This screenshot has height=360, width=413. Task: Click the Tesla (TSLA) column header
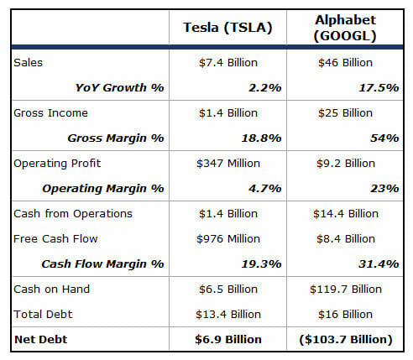coord(227,28)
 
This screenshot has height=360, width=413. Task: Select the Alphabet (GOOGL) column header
coord(345,28)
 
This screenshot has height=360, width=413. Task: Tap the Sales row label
coord(28,63)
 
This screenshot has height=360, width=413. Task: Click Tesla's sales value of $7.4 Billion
coord(228,63)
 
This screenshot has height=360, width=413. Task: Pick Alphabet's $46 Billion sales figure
coord(345,63)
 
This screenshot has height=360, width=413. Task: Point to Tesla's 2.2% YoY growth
coord(265,88)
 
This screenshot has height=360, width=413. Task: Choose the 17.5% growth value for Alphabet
coord(379,88)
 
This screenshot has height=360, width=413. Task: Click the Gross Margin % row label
coord(116,138)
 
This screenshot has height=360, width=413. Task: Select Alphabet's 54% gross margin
coord(384,138)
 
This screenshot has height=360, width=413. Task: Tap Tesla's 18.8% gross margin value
coord(261,138)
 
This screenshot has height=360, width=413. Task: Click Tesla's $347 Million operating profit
coord(228,164)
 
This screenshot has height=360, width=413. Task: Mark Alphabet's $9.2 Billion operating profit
coord(346,164)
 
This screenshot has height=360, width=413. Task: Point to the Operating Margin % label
coord(103,189)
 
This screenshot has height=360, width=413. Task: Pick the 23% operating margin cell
coord(384,189)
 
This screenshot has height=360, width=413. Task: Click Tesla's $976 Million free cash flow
coord(228,239)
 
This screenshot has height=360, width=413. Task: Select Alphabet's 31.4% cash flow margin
coord(379,264)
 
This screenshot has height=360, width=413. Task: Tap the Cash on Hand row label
coord(51,290)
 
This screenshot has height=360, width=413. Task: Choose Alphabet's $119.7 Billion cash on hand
coord(346,290)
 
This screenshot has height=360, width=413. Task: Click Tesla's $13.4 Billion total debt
coord(228,315)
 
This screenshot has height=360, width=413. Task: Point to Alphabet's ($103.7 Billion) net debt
coord(346,340)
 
